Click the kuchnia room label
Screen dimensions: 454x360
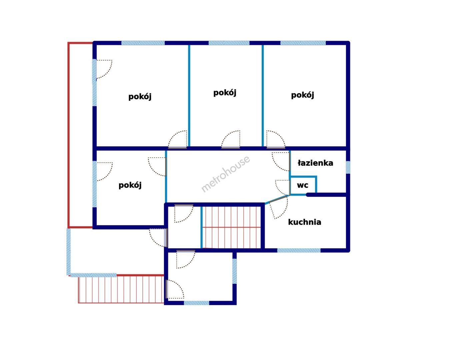(x=305, y=222)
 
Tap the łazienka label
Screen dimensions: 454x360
(x=315, y=163)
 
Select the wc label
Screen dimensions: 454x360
(x=303, y=185)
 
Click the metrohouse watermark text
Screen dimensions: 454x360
(x=226, y=174)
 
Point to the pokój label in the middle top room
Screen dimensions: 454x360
(x=225, y=93)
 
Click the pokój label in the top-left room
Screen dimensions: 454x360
(x=140, y=97)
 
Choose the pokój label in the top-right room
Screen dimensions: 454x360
(x=303, y=95)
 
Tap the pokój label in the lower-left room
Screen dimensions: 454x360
(x=130, y=185)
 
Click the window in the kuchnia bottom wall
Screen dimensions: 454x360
(x=299, y=250)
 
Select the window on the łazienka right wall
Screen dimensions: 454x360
(x=348, y=167)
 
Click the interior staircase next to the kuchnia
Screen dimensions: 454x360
(x=231, y=227)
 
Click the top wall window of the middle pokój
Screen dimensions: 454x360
(x=229, y=43)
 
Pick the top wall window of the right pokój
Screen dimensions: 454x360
(x=303, y=43)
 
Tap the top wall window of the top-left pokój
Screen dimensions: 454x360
(x=143, y=43)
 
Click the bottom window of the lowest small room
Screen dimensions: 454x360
(x=196, y=303)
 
